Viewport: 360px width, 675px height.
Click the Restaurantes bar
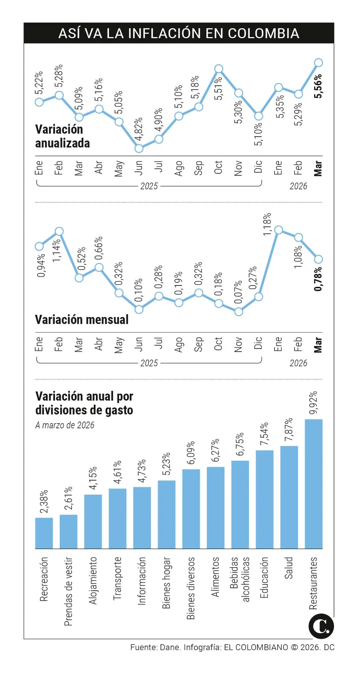pos(313,484)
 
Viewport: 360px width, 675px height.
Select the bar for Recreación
pos(44,533)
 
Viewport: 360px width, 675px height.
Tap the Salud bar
pos(289,497)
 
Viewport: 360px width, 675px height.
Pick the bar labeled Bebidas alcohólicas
pos(240,504)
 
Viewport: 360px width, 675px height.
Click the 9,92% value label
pos(313,403)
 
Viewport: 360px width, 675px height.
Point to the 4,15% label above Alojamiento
pos(93,478)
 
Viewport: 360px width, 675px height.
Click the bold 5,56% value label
pos(318,86)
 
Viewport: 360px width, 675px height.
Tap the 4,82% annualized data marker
pos(139,148)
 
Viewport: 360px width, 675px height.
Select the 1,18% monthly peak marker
pos(278,230)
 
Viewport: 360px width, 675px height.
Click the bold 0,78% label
pos(318,279)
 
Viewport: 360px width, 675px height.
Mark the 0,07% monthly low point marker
pos(239,312)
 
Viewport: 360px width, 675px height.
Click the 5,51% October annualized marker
pos(219,69)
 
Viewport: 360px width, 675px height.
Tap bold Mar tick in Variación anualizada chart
pos(318,168)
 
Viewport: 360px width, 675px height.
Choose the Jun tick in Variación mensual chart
pos(139,345)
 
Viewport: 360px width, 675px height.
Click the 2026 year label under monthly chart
pos(298,363)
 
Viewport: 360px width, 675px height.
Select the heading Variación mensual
pos(82,320)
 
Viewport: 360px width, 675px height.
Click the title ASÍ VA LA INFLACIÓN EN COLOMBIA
pos(179,33)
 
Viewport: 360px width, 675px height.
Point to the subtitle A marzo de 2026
pos(65,425)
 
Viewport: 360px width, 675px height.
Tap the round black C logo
pos(321,626)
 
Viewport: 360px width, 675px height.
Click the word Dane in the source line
pos(170,647)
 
